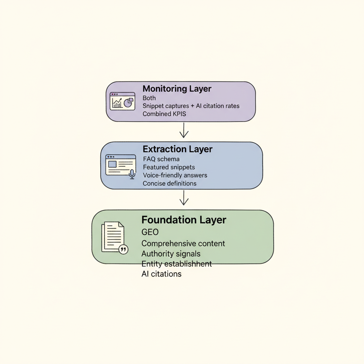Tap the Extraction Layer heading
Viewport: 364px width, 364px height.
click(x=177, y=149)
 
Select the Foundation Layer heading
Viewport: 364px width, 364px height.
click(x=184, y=220)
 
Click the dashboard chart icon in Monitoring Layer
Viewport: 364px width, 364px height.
click(x=122, y=101)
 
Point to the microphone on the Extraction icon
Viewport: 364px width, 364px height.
click(x=132, y=173)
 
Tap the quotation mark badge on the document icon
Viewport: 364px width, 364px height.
click(x=123, y=250)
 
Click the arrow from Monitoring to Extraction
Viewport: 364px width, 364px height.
click(x=183, y=130)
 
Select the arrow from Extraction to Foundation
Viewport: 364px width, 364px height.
click(x=183, y=198)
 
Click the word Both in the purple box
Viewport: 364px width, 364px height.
click(x=149, y=98)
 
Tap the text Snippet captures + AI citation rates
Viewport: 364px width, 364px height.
click(x=191, y=106)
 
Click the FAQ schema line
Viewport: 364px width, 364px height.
click(x=161, y=159)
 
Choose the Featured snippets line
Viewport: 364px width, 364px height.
click(x=169, y=167)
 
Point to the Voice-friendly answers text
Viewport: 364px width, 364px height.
click(x=175, y=175)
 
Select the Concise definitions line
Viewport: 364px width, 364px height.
click(x=170, y=183)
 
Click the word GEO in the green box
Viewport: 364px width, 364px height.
click(x=150, y=232)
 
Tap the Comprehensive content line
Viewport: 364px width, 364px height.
click(x=183, y=243)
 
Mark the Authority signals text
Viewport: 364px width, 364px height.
click(x=171, y=254)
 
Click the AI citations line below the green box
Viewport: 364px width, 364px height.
click(x=161, y=274)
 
